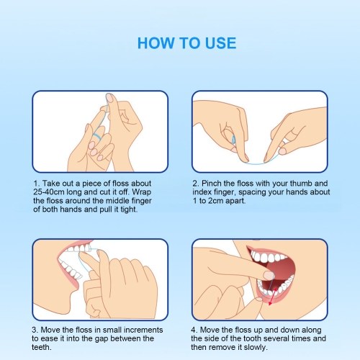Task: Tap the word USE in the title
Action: [x=220, y=43]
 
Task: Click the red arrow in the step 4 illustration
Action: [x=273, y=297]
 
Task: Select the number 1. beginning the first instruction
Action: [x=37, y=184]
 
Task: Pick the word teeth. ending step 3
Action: [x=42, y=347]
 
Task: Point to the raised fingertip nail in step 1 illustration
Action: [x=109, y=98]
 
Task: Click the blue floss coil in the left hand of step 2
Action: [x=233, y=140]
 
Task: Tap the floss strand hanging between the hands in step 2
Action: [x=256, y=163]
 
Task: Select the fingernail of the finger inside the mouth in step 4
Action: [x=269, y=276]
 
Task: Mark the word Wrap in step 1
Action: [x=142, y=192]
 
